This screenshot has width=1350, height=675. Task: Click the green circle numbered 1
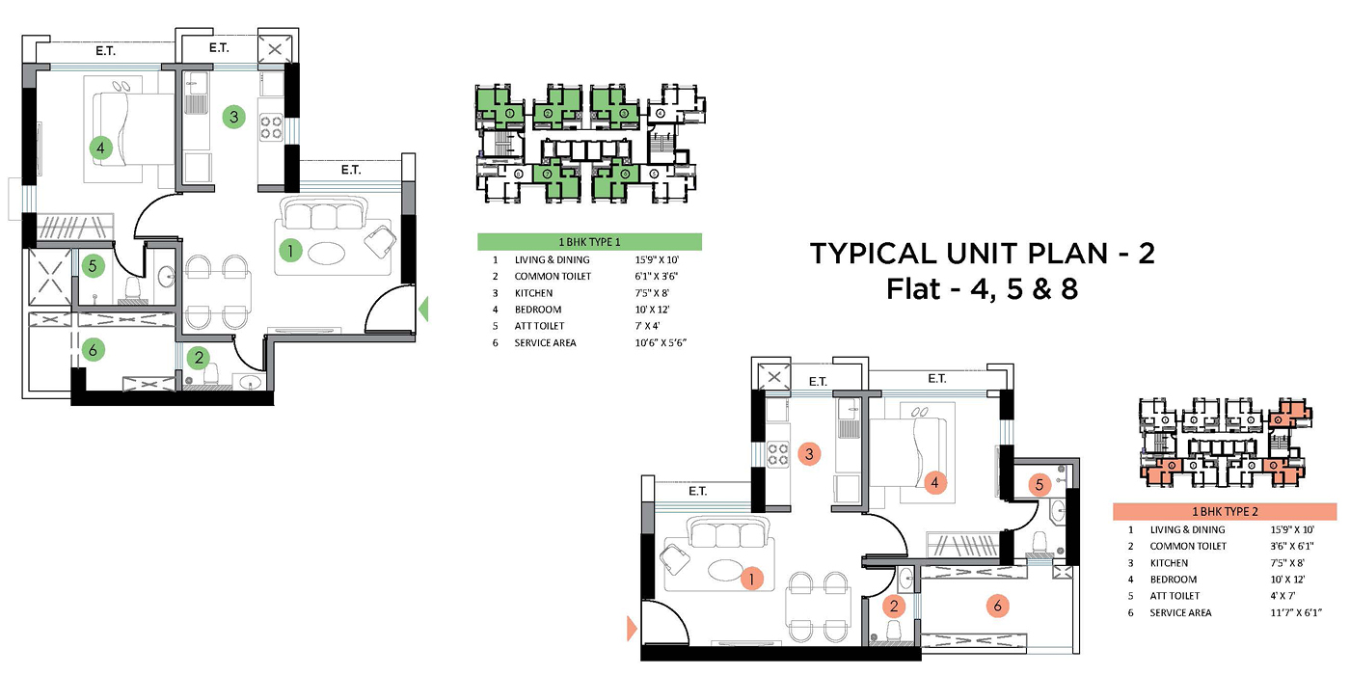coord(290,250)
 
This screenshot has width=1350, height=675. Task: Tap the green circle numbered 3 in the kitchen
coord(233,117)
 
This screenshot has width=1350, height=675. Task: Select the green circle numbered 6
coord(93,349)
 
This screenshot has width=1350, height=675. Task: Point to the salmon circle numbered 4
coord(934,483)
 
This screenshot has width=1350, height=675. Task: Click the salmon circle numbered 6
coord(998,606)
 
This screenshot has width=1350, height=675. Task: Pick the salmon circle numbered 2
coord(894,607)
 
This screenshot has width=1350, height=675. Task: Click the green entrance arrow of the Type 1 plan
coord(423,310)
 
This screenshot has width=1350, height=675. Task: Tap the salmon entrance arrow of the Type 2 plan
coord(632,628)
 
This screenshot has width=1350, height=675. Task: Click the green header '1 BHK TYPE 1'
coord(589,242)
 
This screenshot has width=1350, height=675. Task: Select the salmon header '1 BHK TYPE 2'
coord(1225,512)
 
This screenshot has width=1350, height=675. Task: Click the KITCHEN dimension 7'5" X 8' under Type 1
coord(652,293)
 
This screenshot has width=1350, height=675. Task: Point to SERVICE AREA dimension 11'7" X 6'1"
coord(1296,612)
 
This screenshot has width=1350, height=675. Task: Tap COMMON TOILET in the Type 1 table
coord(553,276)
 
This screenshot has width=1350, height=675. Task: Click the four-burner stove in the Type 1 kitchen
coord(271,127)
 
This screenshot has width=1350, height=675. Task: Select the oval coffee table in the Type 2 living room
coord(724,570)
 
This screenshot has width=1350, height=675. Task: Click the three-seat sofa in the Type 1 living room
coord(324,213)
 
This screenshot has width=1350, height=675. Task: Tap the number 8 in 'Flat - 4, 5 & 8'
coord(1068,289)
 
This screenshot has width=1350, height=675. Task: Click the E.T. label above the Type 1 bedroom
coord(105,51)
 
